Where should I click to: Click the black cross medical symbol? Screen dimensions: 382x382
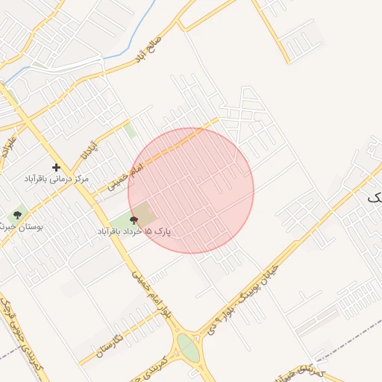pyautogui.click(x=56, y=167)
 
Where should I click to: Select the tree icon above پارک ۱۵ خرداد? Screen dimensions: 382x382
pyautogui.click(x=134, y=220)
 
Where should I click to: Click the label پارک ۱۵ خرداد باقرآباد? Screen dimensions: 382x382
pyautogui.click(x=134, y=232)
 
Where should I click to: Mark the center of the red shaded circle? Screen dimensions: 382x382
pyautogui.click(x=191, y=190)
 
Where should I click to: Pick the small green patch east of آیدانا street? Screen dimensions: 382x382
pyautogui.click(x=130, y=131)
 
